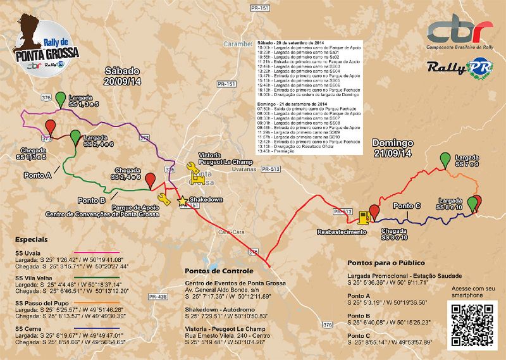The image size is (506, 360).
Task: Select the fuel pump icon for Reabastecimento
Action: tap(363, 217)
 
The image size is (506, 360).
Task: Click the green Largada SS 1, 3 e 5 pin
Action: tap(61, 99)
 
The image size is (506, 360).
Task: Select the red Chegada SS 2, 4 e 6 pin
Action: tap(150, 181)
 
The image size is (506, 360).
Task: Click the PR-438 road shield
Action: tap(157, 296)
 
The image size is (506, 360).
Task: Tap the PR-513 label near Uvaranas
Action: tap(271, 169)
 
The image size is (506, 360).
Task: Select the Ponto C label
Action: tap(407, 206)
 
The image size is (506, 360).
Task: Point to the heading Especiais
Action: tap(30, 240)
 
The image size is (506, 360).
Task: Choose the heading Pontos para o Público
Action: tap(386, 263)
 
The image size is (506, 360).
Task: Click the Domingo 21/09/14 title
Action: tap(392, 148)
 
